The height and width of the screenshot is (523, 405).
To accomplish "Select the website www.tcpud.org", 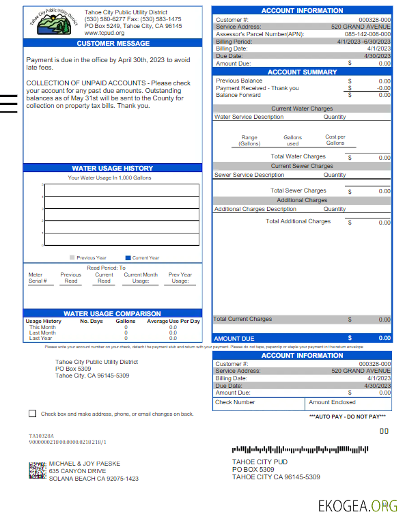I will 104,33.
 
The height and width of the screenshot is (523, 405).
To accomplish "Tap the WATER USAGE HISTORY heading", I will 113,168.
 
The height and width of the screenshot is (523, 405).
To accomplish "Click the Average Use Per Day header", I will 173,321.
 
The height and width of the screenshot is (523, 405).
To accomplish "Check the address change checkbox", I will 32,414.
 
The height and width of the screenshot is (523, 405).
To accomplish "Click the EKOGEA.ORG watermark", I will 357,506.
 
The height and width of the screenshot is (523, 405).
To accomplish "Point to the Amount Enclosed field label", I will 332,403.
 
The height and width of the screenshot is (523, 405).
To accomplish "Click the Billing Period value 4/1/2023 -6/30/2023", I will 365,41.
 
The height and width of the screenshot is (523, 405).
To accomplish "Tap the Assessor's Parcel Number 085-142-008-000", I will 367,34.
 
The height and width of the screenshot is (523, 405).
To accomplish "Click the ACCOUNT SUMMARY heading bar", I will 302,72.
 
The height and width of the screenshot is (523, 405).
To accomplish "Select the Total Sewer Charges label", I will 298,190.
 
